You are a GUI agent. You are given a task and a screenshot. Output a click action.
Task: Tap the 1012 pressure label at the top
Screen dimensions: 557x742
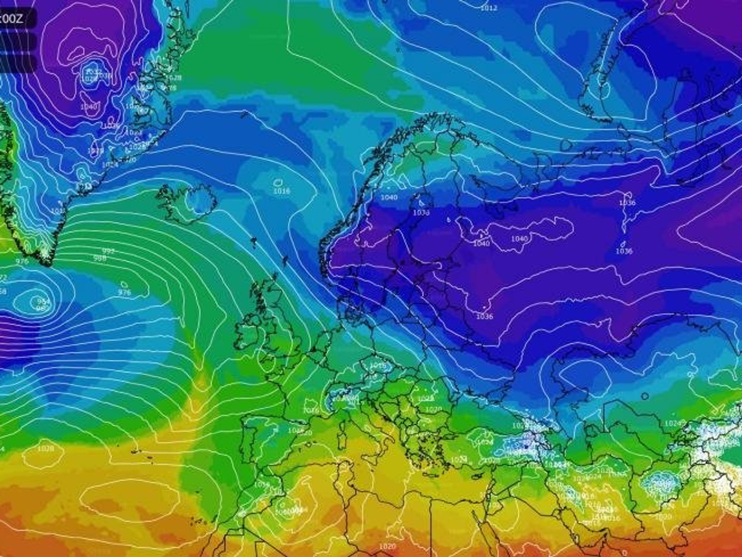(x=489, y=8)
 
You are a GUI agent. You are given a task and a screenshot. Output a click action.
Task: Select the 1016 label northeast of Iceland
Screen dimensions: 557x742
(x=282, y=191)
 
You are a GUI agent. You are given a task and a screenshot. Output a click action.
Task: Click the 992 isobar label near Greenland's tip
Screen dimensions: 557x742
(x=108, y=251)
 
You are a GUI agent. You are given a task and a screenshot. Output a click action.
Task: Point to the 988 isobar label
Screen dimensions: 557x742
(x=99, y=258)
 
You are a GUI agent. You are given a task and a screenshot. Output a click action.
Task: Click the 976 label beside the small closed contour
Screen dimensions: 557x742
(x=124, y=292)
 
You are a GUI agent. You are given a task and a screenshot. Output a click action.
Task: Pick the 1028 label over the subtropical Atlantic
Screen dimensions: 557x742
(x=46, y=449)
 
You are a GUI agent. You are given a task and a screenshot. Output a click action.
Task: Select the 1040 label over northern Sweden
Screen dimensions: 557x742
(x=389, y=197)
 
